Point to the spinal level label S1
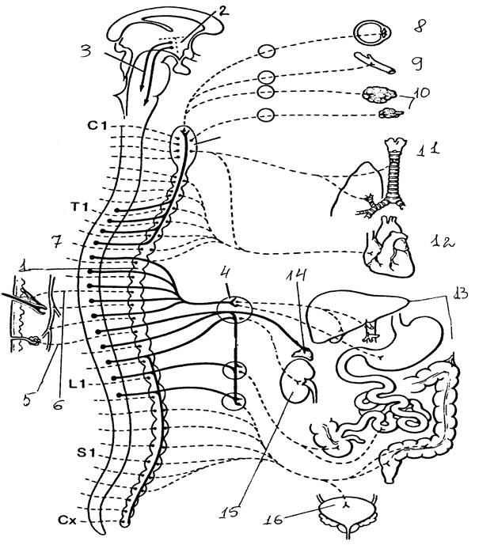pyautogui.click(x=97, y=453)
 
